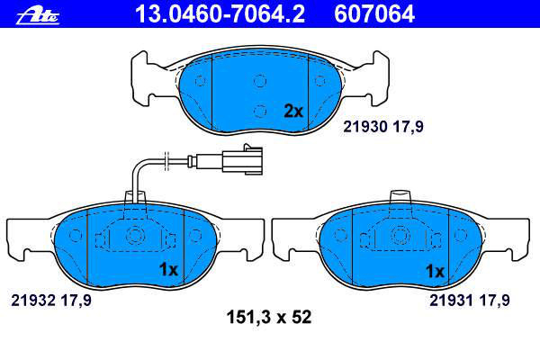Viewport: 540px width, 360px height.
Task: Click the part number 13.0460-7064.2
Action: click(x=220, y=14)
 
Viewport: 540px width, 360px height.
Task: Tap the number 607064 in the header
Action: click(x=374, y=14)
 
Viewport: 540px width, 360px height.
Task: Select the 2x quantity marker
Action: click(x=293, y=111)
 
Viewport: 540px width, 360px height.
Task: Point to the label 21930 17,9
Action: click(x=383, y=127)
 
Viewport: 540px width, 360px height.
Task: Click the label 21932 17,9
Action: click(x=51, y=300)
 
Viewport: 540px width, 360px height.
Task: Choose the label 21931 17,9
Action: click(x=469, y=300)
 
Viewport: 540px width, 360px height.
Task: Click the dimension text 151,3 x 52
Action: click(x=269, y=317)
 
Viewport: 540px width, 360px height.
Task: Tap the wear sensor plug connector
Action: click(x=242, y=159)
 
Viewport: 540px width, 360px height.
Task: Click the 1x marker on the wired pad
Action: click(x=168, y=269)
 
